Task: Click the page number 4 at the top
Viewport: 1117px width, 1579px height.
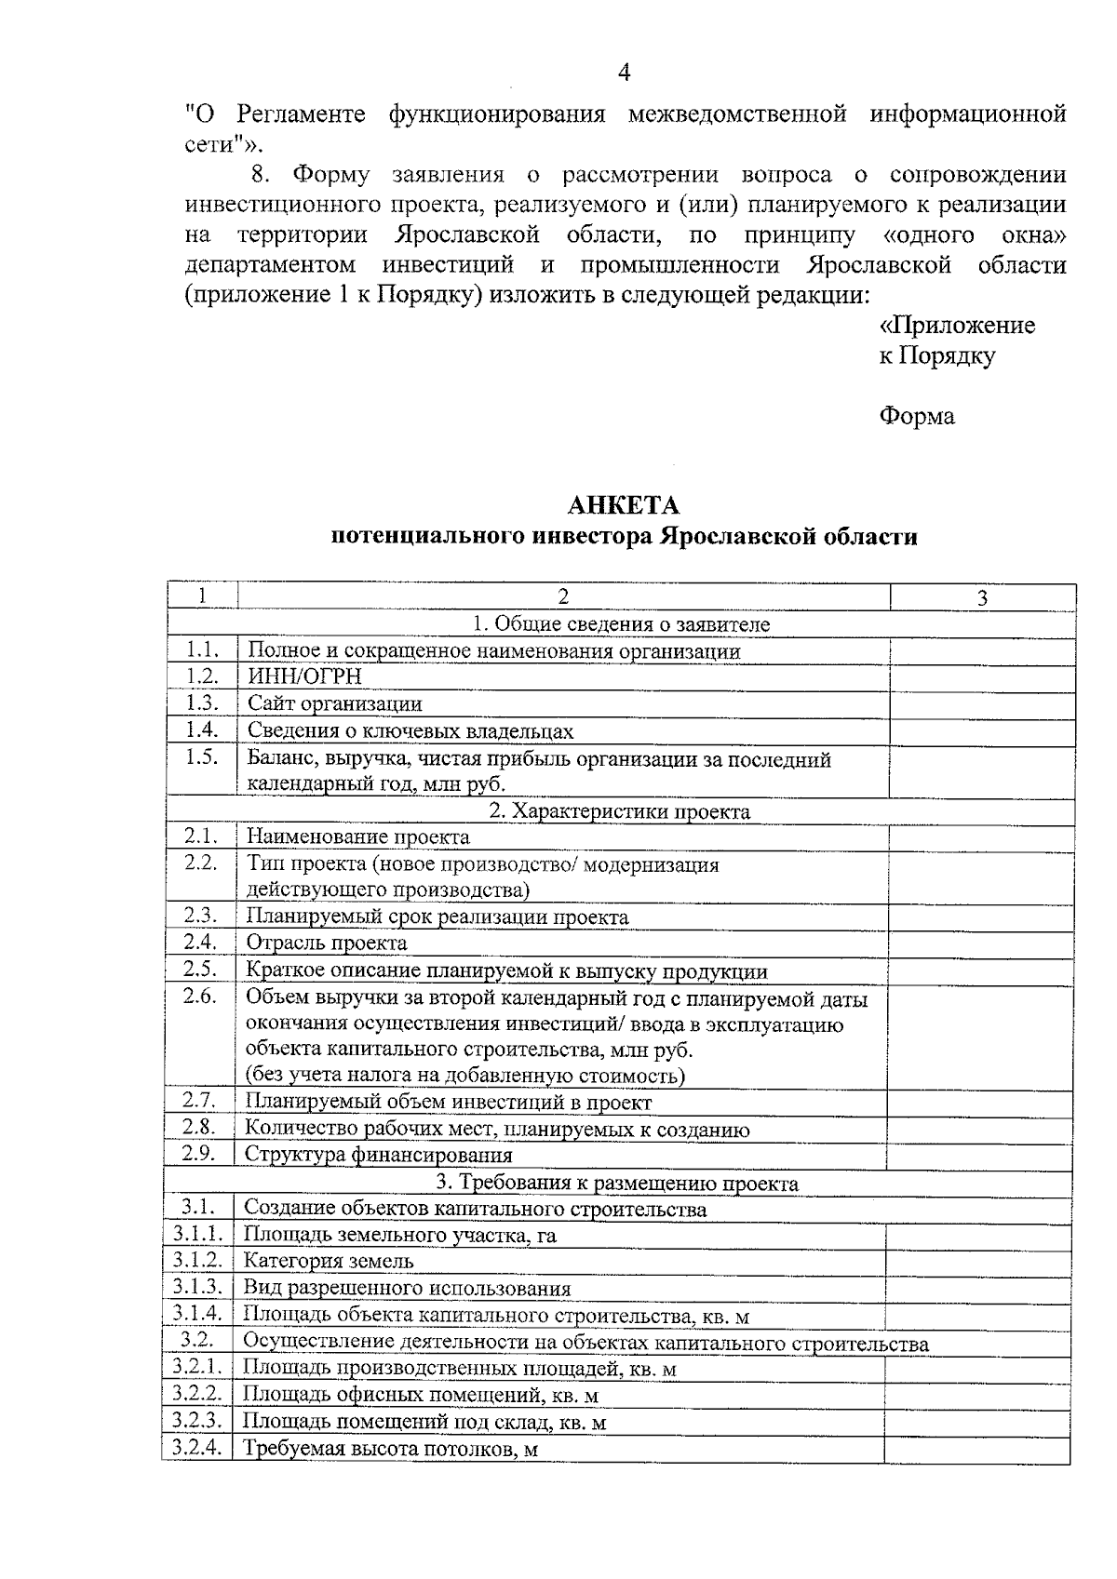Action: pos(624,73)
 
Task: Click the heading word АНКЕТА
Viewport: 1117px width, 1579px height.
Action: pos(624,505)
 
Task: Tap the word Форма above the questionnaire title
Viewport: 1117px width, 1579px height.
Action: pos(917,416)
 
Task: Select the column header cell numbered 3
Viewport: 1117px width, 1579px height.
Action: pos(982,597)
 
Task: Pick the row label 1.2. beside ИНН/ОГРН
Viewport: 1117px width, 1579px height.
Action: pos(202,677)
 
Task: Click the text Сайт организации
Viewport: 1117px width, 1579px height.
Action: pos(334,704)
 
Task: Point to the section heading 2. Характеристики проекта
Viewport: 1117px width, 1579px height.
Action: pos(620,811)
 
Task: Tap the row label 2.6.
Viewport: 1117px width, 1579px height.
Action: pos(200,997)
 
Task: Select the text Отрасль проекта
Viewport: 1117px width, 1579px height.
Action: pos(327,943)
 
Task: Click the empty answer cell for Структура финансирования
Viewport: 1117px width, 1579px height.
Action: pos(979,1155)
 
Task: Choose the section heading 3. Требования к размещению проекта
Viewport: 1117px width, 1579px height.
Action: pos(618,1184)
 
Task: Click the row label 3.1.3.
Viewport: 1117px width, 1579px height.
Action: pos(197,1288)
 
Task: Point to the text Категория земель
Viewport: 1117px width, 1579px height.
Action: pos(329,1262)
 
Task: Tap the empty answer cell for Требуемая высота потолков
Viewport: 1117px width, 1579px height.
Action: pos(976,1449)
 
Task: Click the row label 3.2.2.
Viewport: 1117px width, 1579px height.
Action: pos(197,1395)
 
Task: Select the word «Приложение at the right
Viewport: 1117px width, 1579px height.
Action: pos(957,326)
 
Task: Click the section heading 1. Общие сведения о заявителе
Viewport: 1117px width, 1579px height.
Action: pos(621,624)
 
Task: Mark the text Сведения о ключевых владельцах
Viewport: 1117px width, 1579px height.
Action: pos(410,731)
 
